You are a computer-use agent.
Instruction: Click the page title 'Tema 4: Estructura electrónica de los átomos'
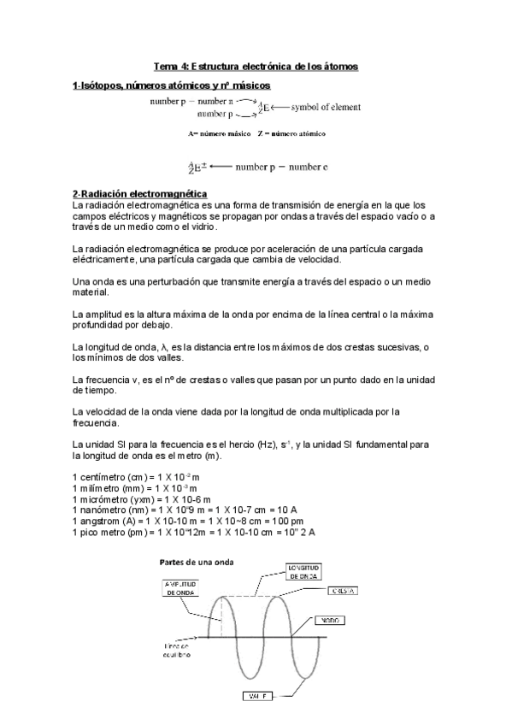[255, 66]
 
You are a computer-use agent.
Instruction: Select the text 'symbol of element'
[326, 107]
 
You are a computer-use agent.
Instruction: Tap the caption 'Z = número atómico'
[291, 134]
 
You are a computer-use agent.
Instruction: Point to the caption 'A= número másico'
[220, 134]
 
